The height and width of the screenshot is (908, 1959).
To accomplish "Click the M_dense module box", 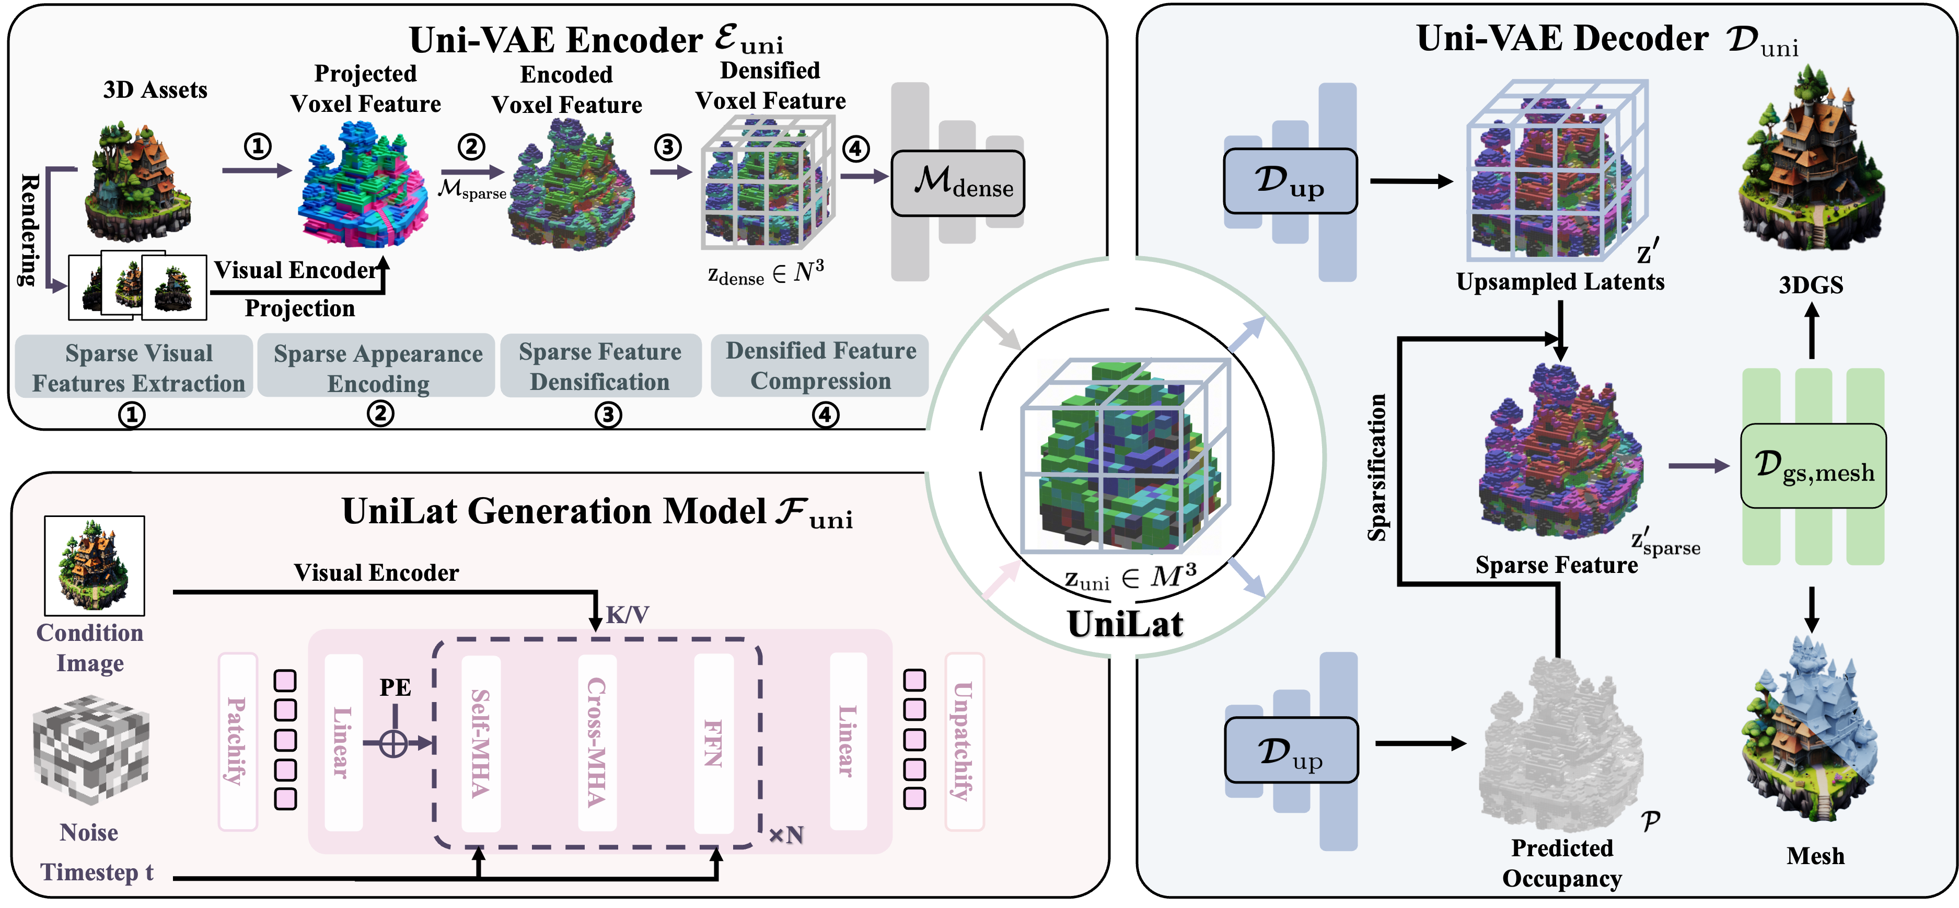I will coord(957,183).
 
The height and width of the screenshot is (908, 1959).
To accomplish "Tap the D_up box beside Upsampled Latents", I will coord(1290,181).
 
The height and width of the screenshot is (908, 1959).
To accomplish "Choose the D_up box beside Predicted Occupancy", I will coord(1291,750).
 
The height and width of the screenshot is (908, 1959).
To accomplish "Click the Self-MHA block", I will coord(481,743).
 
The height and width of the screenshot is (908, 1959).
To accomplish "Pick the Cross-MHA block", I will coord(597,743).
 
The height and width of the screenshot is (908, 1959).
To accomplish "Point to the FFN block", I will coord(713,743).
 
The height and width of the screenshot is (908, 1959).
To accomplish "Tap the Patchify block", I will coord(237,741).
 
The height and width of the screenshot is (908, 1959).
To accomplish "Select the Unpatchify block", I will coord(964,741).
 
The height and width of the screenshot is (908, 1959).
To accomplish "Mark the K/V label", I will coord(628,614).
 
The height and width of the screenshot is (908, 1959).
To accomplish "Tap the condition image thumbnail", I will coord(94,565).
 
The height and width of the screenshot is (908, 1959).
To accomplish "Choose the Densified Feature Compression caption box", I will coord(820,366).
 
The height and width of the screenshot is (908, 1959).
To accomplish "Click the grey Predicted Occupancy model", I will coord(1559,745).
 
